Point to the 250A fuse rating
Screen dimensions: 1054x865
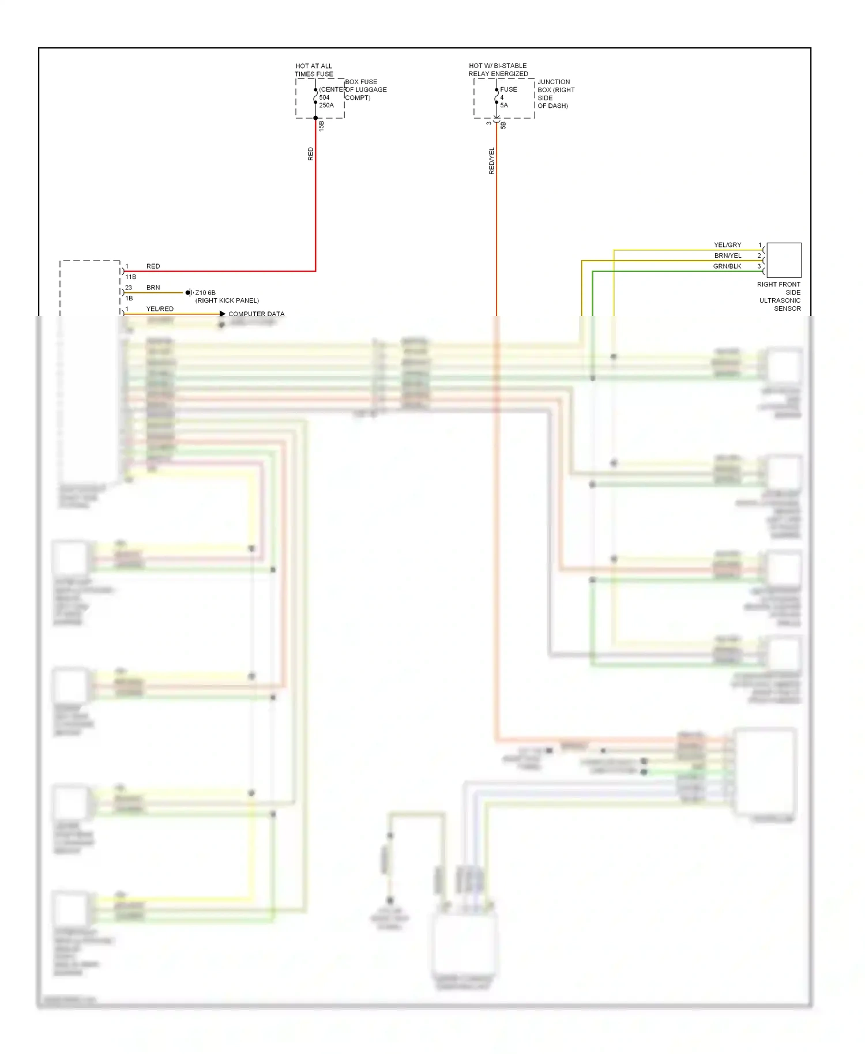pos(326,106)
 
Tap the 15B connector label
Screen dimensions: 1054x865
pos(322,126)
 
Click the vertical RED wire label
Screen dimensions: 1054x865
pos(311,154)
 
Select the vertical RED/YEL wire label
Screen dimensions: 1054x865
pos(492,161)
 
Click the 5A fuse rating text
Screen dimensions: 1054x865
pos(504,106)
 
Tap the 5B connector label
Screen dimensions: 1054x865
pos(503,125)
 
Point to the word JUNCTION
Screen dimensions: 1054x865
pos(554,82)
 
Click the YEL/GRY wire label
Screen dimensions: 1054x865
pos(727,245)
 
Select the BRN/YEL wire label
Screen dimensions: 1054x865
pos(728,255)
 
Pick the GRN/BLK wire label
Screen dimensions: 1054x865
pos(727,266)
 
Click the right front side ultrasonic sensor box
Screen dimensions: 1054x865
pos(784,260)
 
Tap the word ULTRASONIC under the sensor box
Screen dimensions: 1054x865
pos(780,300)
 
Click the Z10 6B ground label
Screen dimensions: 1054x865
pos(205,293)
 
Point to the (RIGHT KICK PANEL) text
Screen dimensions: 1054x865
pos(227,300)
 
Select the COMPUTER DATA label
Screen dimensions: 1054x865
pos(256,314)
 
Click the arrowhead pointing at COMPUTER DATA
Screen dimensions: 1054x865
pos(223,314)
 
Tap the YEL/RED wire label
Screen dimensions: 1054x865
pos(160,309)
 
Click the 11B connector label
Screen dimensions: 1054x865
pos(131,277)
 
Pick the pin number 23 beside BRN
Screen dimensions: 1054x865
pos(129,288)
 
